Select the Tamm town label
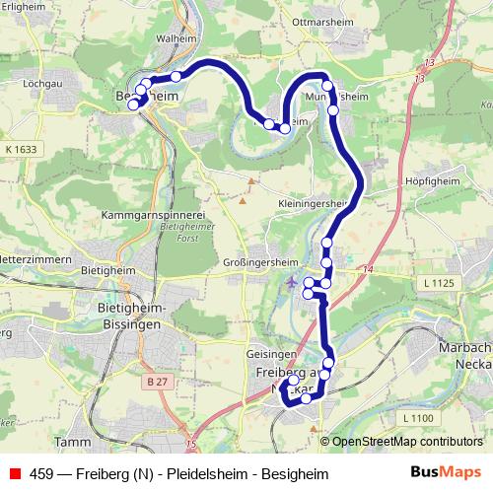point(72,442)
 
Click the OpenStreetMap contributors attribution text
point(407,442)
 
